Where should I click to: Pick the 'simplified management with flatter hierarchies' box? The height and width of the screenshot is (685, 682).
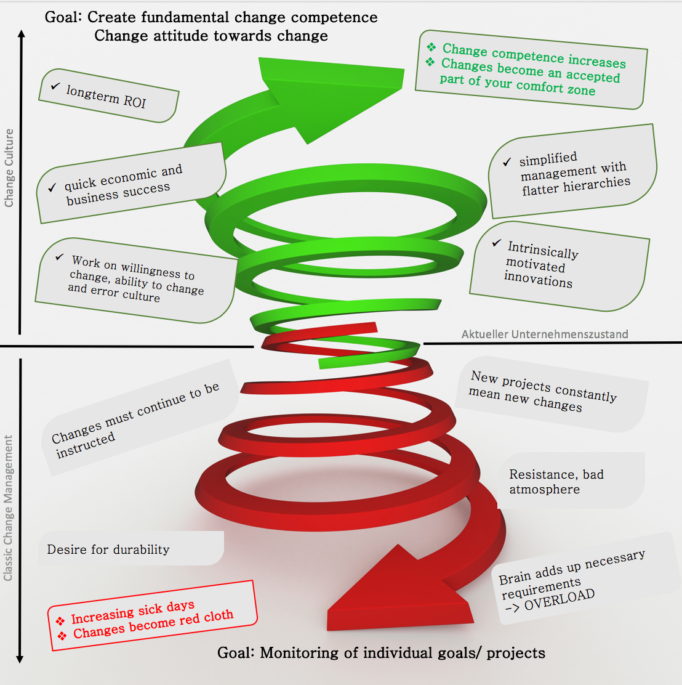click(572, 172)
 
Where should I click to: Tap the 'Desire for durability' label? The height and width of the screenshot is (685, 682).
click(108, 549)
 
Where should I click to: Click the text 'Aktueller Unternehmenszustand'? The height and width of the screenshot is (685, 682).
click(545, 334)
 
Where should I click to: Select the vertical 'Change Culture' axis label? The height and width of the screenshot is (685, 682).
click(9, 168)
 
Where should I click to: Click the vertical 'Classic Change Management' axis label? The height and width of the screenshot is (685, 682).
click(9, 508)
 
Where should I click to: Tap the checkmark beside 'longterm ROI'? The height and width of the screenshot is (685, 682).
click(55, 87)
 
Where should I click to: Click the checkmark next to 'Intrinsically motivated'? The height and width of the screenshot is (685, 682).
click(496, 243)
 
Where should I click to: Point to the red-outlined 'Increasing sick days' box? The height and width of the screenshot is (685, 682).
click(152, 615)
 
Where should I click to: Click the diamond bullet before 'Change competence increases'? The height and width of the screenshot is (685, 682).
click(431, 47)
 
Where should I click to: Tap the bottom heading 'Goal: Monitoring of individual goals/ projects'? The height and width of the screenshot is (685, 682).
click(381, 652)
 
